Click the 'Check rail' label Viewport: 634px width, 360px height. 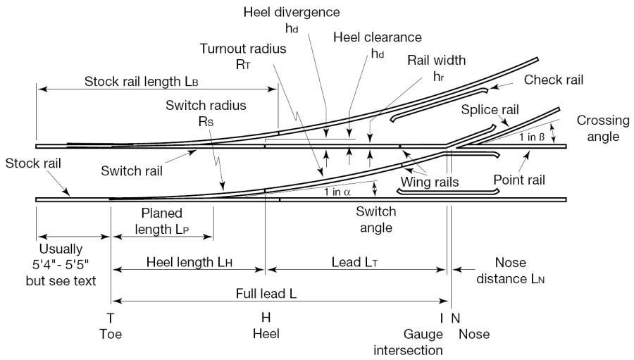click(554, 80)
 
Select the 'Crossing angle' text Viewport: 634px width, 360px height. click(598, 128)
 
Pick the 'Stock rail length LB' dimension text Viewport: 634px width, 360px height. click(141, 81)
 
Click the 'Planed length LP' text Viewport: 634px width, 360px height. click(161, 219)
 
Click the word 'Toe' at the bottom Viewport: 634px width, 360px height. click(110, 333)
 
